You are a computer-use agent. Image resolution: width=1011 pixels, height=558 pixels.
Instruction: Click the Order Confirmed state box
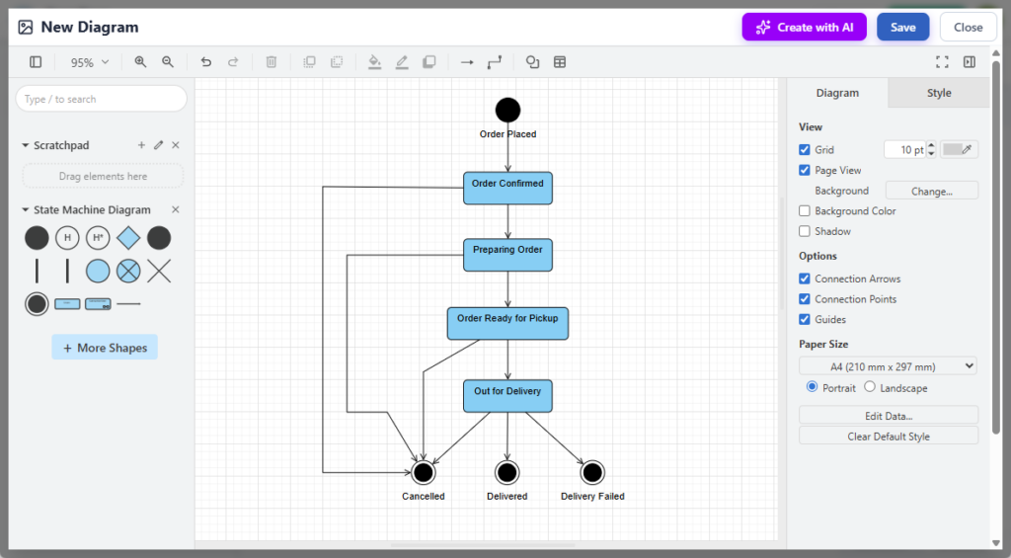click(507, 188)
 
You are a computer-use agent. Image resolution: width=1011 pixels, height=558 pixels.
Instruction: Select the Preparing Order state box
click(507, 254)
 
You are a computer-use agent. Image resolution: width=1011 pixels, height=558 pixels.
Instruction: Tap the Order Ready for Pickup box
click(507, 323)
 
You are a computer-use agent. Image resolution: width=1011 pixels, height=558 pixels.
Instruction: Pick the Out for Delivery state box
click(507, 395)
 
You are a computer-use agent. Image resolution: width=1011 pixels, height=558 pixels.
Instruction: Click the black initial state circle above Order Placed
click(507, 110)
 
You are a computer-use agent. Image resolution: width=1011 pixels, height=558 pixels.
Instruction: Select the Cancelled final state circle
click(424, 473)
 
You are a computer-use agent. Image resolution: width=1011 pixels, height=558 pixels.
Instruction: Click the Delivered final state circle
click(507, 473)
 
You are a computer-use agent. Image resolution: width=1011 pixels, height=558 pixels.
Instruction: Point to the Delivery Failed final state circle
click(592, 473)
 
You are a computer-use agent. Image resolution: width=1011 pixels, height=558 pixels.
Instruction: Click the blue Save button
click(902, 28)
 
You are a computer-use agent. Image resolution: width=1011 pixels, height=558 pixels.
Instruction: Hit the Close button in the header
click(968, 28)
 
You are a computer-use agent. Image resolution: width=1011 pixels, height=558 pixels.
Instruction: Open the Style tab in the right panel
click(939, 93)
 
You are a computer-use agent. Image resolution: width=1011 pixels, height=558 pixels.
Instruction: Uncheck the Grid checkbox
click(805, 150)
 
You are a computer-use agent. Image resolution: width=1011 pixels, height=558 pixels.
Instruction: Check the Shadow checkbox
click(805, 231)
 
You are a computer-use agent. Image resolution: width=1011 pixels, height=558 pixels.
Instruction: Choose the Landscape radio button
click(870, 387)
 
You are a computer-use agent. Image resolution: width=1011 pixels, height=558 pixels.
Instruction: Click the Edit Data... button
click(888, 416)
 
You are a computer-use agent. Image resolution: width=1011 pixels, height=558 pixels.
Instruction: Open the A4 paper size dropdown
click(888, 366)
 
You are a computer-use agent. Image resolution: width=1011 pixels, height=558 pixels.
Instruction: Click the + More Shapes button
click(105, 348)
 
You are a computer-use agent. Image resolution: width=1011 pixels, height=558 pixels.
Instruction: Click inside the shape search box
click(101, 99)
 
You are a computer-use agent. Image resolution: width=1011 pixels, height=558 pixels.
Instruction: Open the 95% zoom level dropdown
click(89, 62)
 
